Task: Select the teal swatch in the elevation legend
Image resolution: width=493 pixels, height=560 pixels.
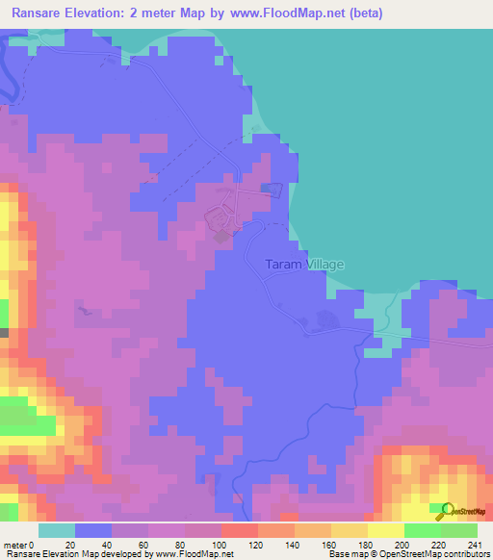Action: [x=57, y=530]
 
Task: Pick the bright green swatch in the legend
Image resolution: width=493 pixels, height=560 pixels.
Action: [x=423, y=530]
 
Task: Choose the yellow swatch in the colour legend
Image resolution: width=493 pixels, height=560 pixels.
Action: [x=386, y=530]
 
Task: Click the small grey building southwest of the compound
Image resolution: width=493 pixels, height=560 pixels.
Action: [x=221, y=236]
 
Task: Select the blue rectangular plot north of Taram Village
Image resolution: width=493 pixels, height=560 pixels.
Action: [x=272, y=189]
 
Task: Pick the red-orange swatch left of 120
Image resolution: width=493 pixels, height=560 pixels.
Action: [x=240, y=530]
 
